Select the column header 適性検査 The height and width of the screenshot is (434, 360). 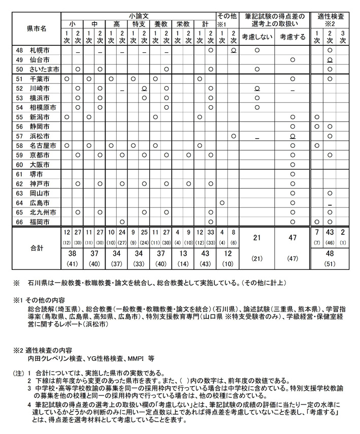tap(330, 17)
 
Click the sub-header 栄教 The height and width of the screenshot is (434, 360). tap(183, 24)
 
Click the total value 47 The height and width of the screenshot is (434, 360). tap(292, 238)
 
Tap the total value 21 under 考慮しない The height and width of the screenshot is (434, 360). tap(257, 238)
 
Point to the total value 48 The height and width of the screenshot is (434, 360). tap(330, 254)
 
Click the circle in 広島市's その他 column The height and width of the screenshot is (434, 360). tap(222, 202)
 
